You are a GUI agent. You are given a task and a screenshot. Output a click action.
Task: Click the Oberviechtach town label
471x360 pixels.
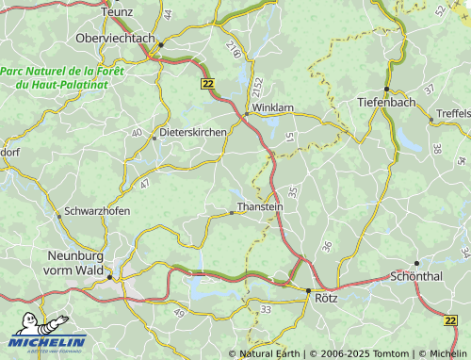click(116, 38)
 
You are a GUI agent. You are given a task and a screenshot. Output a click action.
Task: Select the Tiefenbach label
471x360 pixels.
click(386, 102)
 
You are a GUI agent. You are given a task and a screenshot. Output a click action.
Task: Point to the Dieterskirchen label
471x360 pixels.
click(193, 133)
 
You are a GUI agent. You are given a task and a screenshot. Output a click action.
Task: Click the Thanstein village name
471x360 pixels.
click(259, 206)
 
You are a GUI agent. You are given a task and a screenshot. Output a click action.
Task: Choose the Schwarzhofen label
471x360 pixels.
click(96, 211)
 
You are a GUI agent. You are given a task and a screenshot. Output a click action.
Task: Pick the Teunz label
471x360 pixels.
click(118, 9)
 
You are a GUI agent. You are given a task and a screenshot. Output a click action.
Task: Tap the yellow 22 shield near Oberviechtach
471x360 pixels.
click(207, 84)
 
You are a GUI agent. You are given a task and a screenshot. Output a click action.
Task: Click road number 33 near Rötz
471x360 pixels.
click(267, 309)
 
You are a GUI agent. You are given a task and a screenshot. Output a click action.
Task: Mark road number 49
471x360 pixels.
click(179, 299)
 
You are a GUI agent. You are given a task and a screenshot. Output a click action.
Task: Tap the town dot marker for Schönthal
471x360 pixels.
click(416, 264)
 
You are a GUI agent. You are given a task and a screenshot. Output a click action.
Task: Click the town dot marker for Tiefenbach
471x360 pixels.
click(386, 90)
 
